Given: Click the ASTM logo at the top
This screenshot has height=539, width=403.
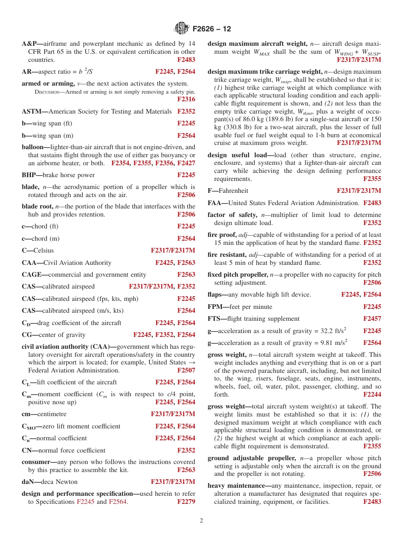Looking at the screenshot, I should pos(182,29).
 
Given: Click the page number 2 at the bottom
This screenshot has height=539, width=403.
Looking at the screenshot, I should pos(201,521).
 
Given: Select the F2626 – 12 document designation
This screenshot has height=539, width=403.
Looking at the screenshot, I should pos(212,29).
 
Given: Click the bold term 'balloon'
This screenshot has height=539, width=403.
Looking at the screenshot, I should pos(34,147).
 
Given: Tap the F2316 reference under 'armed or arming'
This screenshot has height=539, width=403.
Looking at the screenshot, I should pos(186,100).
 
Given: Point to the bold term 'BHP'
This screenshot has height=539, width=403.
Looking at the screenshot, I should pos(29,175).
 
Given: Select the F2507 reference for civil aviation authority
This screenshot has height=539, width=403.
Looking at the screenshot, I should pos(186,370).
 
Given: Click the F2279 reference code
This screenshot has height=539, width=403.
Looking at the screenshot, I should pos(186,502).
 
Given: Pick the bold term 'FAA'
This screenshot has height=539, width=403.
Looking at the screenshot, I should pos(216,203).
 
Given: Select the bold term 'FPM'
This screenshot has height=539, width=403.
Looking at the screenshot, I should pos(216,307).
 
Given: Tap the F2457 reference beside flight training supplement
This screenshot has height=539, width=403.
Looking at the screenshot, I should pos(372,319).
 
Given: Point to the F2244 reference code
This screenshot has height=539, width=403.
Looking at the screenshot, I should pos(372,395).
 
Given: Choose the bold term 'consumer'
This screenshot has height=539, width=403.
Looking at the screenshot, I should pos(35,462).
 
